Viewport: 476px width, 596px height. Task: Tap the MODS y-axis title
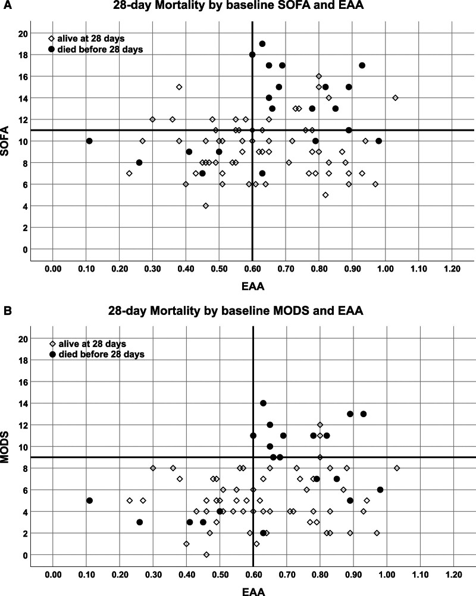tap(8, 446)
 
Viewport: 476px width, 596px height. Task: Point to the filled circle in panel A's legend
tap(52, 49)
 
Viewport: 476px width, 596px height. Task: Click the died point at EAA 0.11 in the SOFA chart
tap(89, 141)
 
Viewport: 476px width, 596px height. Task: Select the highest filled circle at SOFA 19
tap(262, 44)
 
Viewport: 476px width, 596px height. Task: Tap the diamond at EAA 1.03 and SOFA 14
tap(395, 97)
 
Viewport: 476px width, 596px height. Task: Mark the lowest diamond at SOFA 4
tap(206, 206)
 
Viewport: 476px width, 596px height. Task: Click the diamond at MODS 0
tap(206, 554)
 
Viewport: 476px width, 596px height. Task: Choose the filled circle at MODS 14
tap(263, 403)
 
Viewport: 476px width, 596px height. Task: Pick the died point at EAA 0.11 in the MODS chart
tap(89, 500)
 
